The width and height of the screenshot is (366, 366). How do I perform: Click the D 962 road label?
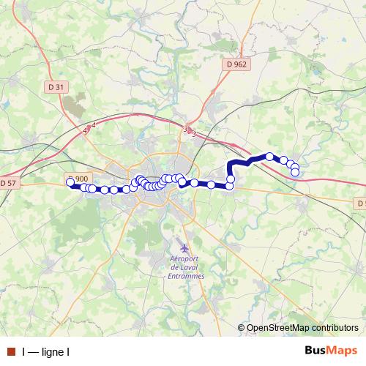236,64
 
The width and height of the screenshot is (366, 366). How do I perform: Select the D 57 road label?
7,182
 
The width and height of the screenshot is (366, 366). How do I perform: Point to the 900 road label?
82,179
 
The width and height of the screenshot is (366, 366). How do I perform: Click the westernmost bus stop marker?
70,182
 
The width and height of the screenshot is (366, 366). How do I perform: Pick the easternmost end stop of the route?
295,173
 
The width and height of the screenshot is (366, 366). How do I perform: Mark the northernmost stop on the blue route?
269,156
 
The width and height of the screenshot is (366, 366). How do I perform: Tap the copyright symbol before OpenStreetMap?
242,328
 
